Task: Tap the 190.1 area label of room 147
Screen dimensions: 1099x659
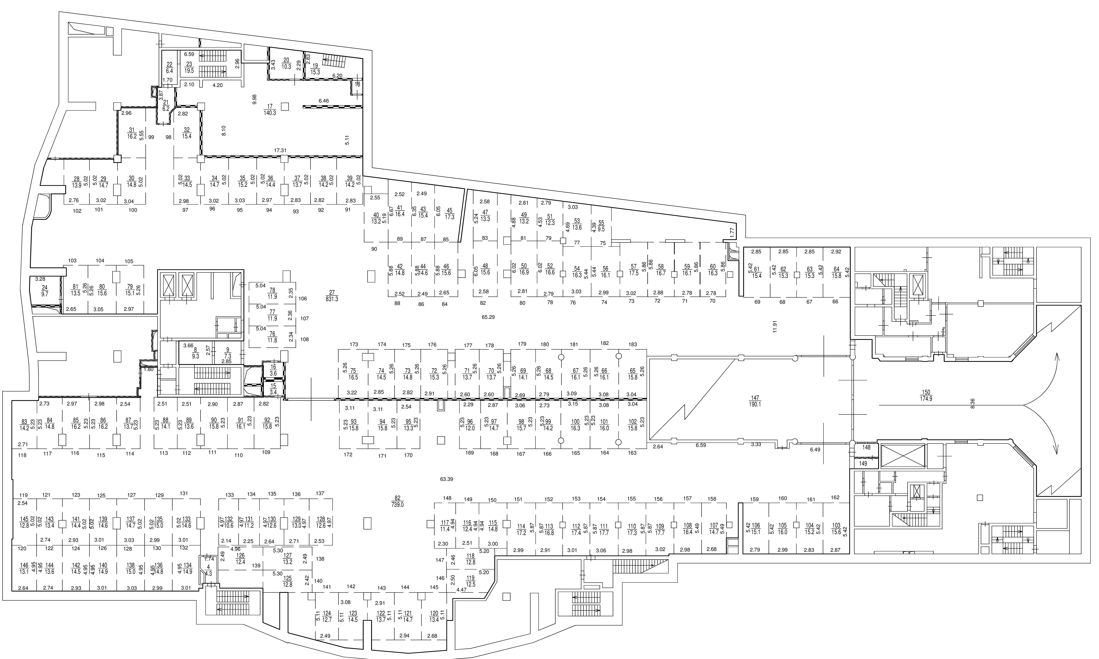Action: click(755, 405)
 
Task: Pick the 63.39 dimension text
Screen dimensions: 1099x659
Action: click(446, 479)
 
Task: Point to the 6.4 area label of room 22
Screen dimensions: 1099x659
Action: click(169, 71)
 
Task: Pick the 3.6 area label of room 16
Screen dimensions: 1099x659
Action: click(273, 373)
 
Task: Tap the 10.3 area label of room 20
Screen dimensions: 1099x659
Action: click(286, 67)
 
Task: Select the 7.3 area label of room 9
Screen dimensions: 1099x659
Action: click(228, 356)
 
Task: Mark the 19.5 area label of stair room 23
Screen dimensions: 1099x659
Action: click(189, 70)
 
